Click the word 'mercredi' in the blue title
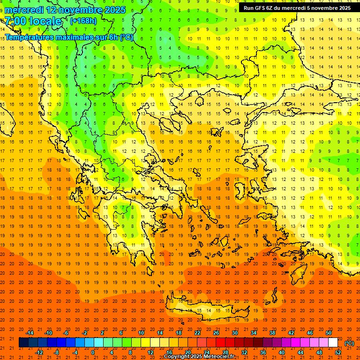(25, 10)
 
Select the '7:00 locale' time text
(33, 21)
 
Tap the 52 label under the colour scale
(338, 352)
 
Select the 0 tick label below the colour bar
(93, 352)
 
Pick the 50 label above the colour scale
(329, 333)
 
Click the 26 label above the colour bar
(216, 333)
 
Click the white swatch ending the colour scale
(333, 343)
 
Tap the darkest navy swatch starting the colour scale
(23, 343)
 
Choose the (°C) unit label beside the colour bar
(349, 343)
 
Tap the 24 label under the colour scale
(207, 352)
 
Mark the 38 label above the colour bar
(272, 333)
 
